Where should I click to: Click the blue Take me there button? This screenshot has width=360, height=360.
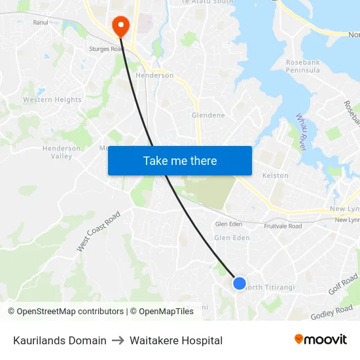tap(180, 161)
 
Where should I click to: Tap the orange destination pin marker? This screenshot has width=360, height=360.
tap(121, 26)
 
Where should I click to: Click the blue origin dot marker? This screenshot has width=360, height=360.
tap(240, 283)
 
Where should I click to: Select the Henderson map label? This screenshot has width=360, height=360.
tap(154, 75)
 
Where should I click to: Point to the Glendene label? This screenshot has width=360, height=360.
tap(208, 115)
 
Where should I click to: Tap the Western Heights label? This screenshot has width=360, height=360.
tap(52, 100)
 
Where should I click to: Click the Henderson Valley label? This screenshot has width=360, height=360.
tap(62, 153)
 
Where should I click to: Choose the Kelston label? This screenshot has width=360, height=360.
tap(275, 175)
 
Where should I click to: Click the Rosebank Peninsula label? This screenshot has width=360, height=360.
tap(302, 66)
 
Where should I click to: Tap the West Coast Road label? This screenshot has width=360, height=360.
tap(99, 231)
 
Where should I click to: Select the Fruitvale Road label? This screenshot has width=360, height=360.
tap(283, 226)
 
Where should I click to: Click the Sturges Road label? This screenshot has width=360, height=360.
tap(107, 48)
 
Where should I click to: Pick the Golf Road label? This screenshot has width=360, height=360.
tap(343, 284)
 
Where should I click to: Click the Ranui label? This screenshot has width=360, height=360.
tap(40, 22)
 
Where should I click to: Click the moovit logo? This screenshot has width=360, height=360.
tap(321, 340)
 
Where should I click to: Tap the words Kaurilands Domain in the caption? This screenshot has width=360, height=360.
tap(60, 340)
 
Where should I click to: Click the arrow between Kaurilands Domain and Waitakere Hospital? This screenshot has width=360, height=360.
tap(118, 340)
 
